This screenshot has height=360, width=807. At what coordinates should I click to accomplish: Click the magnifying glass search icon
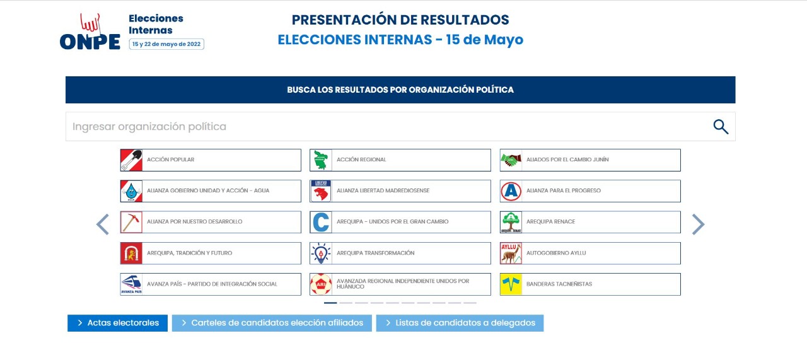[x=721, y=127]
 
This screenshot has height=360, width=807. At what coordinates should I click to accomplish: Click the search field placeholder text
[x=149, y=127]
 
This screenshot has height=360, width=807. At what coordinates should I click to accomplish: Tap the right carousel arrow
[x=698, y=224]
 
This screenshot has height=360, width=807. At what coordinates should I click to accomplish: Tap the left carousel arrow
[x=103, y=224]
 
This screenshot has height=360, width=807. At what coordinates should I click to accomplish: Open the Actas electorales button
[x=117, y=323]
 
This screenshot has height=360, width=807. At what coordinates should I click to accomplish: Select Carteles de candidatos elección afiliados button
[x=272, y=323]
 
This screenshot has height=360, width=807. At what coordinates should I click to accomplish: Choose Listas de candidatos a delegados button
[x=460, y=323]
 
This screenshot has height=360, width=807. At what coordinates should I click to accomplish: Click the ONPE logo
[x=90, y=32]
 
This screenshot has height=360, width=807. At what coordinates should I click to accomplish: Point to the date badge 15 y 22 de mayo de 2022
[x=166, y=44]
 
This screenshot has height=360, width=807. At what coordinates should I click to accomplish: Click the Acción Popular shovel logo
[x=131, y=160]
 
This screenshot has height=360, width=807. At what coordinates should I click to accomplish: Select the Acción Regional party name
[x=361, y=160]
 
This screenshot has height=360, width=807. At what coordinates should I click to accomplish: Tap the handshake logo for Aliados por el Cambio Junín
[x=511, y=160]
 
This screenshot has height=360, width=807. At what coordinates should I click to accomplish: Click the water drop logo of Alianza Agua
[x=131, y=191]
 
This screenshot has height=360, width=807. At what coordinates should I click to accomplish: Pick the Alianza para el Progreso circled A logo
[x=511, y=191]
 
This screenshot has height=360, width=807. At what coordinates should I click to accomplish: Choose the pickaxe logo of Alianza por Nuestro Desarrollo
[x=131, y=222]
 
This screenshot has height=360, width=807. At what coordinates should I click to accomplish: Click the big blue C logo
[x=321, y=222]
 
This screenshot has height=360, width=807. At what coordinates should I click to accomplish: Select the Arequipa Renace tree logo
[x=511, y=222]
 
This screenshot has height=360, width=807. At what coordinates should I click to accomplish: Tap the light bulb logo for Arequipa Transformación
[x=321, y=253]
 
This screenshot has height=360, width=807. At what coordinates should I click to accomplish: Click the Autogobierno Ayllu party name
[x=556, y=253]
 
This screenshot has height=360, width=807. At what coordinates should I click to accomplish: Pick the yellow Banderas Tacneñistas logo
[x=511, y=284]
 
